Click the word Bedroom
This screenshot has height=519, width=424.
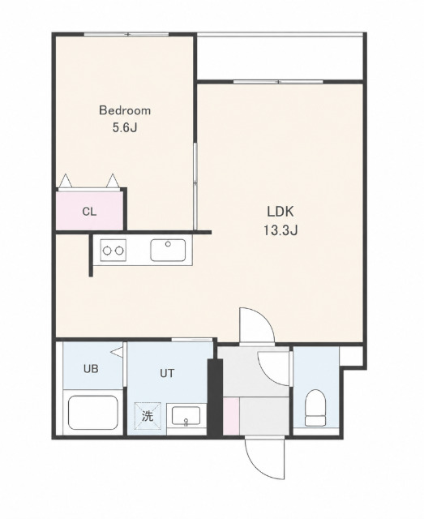[x=125, y=110]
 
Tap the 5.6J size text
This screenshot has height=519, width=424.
[x=125, y=128]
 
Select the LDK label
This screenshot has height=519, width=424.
[x=280, y=212]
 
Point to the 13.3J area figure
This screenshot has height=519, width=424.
[x=281, y=230]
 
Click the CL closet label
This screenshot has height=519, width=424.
[x=89, y=212]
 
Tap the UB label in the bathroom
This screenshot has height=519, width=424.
[x=91, y=368]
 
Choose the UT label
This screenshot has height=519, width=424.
[x=167, y=373]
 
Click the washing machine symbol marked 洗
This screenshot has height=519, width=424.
[x=148, y=416]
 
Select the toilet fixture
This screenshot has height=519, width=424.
[x=315, y=407]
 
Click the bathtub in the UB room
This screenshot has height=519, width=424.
[x=93, y=413]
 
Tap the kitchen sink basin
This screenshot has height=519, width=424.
[x=168, y=250]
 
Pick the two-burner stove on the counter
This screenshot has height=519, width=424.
[x=113, y=251]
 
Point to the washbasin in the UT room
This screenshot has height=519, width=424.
[x=186, y=416]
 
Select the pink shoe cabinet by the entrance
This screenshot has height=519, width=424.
[x=231, y=416]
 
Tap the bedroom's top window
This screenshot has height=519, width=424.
[x=126, y=34]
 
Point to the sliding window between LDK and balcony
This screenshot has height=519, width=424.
[x=278, y=81]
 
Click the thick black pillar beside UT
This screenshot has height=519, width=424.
[x=215, y=397]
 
